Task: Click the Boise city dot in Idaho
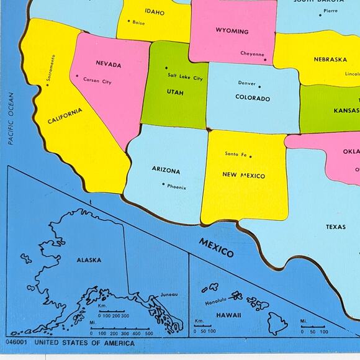pos(128,21)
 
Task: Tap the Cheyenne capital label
pos(252,54)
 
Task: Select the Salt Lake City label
pos(185,78)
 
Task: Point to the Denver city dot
pos(259,87)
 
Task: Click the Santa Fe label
pos(236,153)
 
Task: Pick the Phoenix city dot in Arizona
pos(163,184)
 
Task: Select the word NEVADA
pos(109,63)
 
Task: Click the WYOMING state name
pos(232,31)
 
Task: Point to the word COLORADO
pos(253,98)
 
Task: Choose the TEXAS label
pos(336,227)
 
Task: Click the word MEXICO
pos(216,247)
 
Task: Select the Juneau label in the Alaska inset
pos(168,294)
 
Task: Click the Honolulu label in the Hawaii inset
pos(215,302)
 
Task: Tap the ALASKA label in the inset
pos(89,260)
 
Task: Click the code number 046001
pos(17,342)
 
